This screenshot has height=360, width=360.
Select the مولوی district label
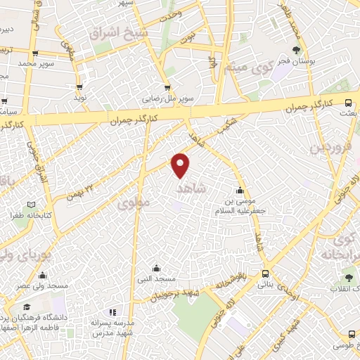(134, 203)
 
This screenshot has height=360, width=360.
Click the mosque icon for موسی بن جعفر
(240, 190)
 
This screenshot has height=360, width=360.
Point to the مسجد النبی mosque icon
(157, 268)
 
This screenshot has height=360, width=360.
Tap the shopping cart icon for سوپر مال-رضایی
(167, 88)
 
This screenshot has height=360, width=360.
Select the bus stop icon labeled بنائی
(264, 274)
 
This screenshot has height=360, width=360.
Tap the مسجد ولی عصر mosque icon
(43, 275)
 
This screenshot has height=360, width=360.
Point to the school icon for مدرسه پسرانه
(110, 311)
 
